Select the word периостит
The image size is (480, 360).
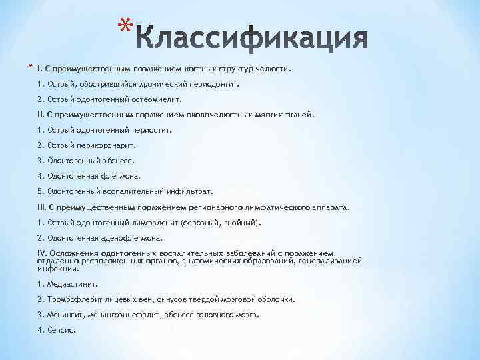(x=151, y=130)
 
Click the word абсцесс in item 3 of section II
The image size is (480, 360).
(x=119, y=161)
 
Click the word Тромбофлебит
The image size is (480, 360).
(x=69, y=299)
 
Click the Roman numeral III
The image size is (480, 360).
(x=42, y=207)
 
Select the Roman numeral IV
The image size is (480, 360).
(x=43, y=253)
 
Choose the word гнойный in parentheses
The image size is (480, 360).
(x=240, y=222)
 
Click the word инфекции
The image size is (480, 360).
(x=58, y=269)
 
